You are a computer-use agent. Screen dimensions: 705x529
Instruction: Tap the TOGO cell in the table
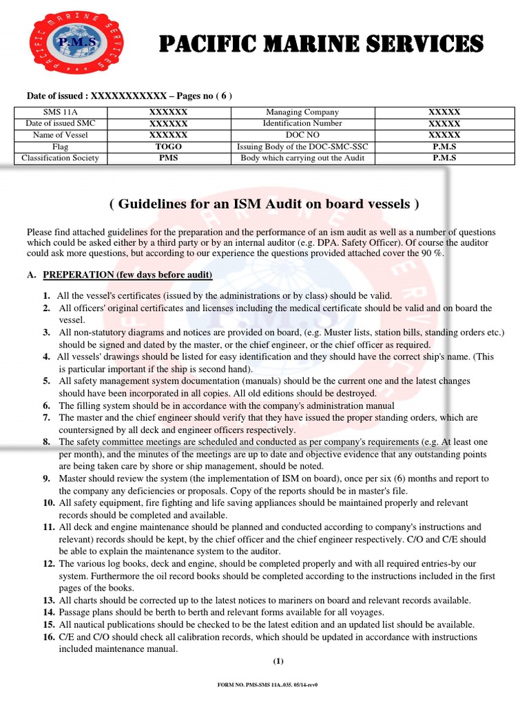pyautogui.click(x=168, y=147)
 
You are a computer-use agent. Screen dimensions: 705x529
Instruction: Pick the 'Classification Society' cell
pyautogui.click(x=61, y=158)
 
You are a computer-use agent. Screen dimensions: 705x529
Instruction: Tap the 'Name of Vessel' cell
pyautogui.click(x=61, y=135)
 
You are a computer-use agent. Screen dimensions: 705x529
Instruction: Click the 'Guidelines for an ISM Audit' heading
pyautogui.click(x=264, y=204)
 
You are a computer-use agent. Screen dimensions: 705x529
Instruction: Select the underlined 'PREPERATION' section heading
pyautogui.click(x=127, y=275)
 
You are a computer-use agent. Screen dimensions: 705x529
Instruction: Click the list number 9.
pyautogui.click(x=47, y=478)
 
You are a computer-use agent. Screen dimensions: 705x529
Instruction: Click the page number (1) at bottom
pyautogui.click(x=278, y=662)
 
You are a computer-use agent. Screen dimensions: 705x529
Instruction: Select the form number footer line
pyautogui.click(x=267, y=685)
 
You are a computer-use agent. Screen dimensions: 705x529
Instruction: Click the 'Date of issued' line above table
pyautogui.click(x=129, y=96)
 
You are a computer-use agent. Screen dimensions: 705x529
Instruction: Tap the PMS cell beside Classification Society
pyautogui.click(x=168, y=158)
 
